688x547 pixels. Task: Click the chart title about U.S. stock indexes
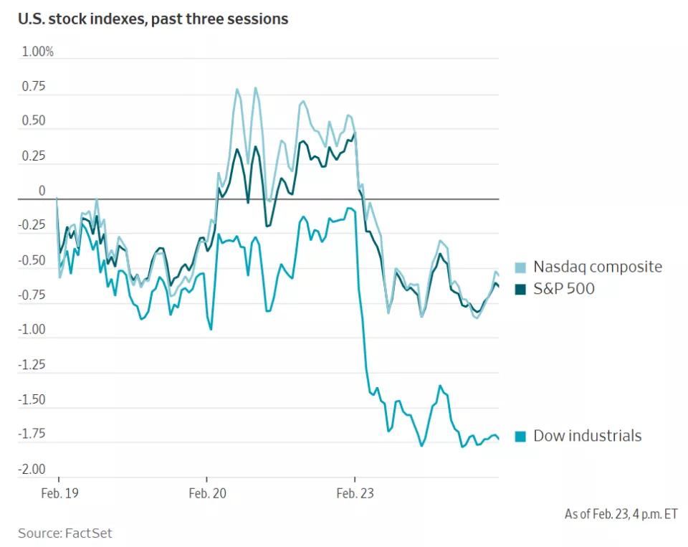click(x=153, y=19)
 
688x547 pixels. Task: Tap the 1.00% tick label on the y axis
click(x=37, y=52)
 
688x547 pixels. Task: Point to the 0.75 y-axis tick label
click(x=33, y=87)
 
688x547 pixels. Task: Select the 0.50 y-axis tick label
click(x=33, y=121)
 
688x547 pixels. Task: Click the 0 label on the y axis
click(x=42, y=191)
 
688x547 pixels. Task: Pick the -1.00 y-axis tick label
click(x=32, y=330)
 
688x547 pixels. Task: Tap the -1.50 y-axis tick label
click(x=32, y=400)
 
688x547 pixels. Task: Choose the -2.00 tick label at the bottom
click(x=32, y=470)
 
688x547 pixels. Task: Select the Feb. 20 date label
click(x=207, y=493)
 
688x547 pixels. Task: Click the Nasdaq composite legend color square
click(x=521, y=267)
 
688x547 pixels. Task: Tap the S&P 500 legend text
click(x=564, y=289)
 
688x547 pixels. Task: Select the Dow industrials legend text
click(x=588, y=436)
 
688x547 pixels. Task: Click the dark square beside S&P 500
click(x=521, y=290)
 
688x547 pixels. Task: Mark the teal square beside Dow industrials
click(x=521, y=437)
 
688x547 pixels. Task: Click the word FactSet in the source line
click(x=89, y=533)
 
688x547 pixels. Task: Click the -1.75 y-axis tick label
click(x=32, y=434)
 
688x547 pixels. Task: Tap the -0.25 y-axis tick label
click(x=32, y=226)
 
